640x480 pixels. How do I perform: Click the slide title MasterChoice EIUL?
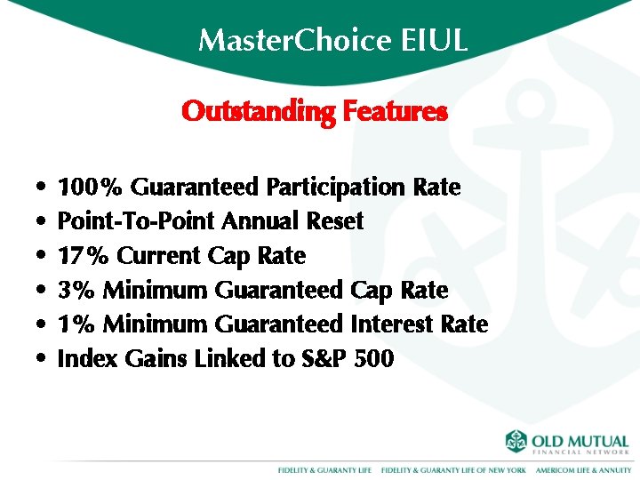coord(332,41)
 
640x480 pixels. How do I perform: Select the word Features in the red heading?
coord(394,112)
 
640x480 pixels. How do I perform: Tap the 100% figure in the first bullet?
coord(90,188)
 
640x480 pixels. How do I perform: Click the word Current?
coord(160,256)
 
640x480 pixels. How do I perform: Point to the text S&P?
coord(326,359)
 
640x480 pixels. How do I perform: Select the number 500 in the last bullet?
coord(374,359)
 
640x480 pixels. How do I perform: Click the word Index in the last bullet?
coord(82,359)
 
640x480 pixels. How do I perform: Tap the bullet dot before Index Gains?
coord(43,360)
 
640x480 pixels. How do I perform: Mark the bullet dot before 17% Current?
coord(43,257)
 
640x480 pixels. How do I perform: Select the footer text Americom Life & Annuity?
coord(582,469)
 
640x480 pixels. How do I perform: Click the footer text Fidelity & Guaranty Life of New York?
coord(453,469)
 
